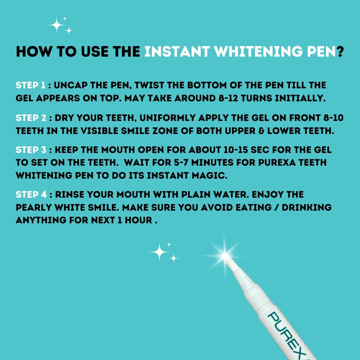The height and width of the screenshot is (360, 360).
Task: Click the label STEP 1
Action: click(30, 85)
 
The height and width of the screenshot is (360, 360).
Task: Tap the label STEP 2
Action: click(31, 118)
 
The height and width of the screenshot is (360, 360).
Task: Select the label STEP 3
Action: click(31, 150)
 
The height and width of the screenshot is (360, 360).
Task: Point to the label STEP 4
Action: click(31, 194)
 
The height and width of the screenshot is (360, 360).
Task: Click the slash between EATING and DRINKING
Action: click(275, 207)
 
